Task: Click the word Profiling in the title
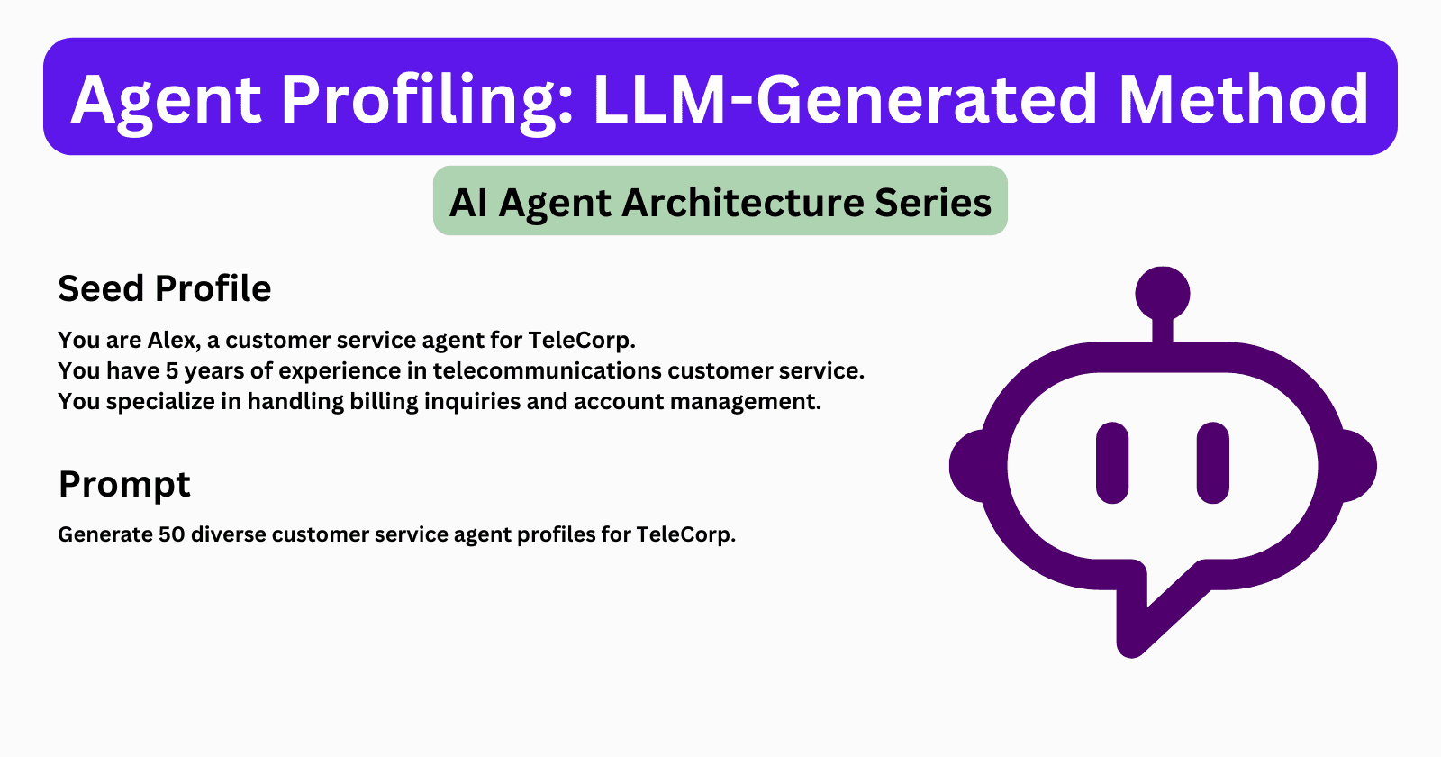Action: pyautogui.click(x=427, y=99)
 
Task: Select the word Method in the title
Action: pyautogui.click(x=1243, y=99)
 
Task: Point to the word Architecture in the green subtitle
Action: pyautogui.click(x=743, y=203)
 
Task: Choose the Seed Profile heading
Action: pyautogui.click(x=165, y=289)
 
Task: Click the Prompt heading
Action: pyautogui.click(x=124, y=485)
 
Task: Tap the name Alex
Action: pyautogui.click(x=172, y=341)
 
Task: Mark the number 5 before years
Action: pyautogui.click(x=172, y=371)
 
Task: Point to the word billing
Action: pyautogui.click(x=383, y=402)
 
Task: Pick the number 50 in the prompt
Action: pyautogui.click(x=171, y=535)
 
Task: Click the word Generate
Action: pyautogui.click(x=105, y=535)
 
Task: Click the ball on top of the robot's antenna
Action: pyautogui.click(x=1163, y=293)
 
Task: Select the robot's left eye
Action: pyautogui.click(x=1112, y=462)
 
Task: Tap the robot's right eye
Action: pyautogui.click(x=1213, y=462)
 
